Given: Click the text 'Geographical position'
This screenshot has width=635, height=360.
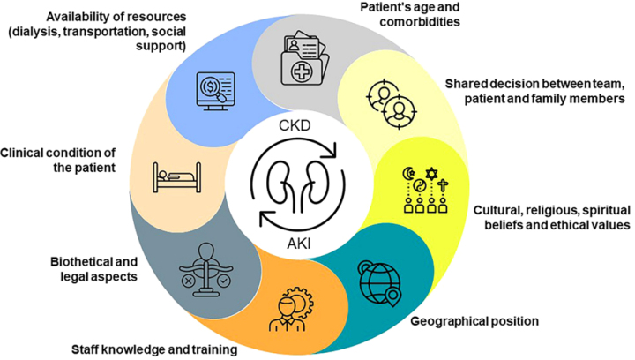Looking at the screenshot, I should click(474, 319).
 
